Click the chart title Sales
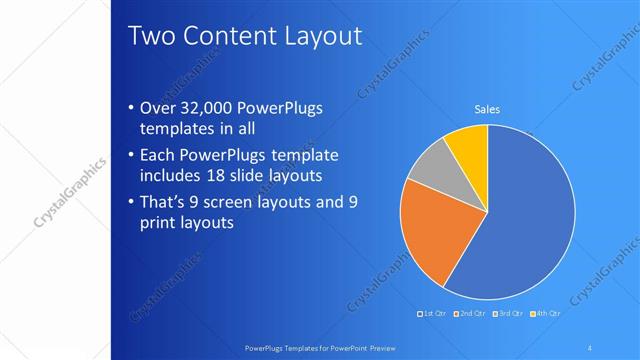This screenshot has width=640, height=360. point(487,109)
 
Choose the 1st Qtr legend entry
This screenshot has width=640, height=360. point(431,315)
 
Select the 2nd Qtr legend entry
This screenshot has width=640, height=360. point(471,315)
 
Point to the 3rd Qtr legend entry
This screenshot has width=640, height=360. point(510,315)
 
